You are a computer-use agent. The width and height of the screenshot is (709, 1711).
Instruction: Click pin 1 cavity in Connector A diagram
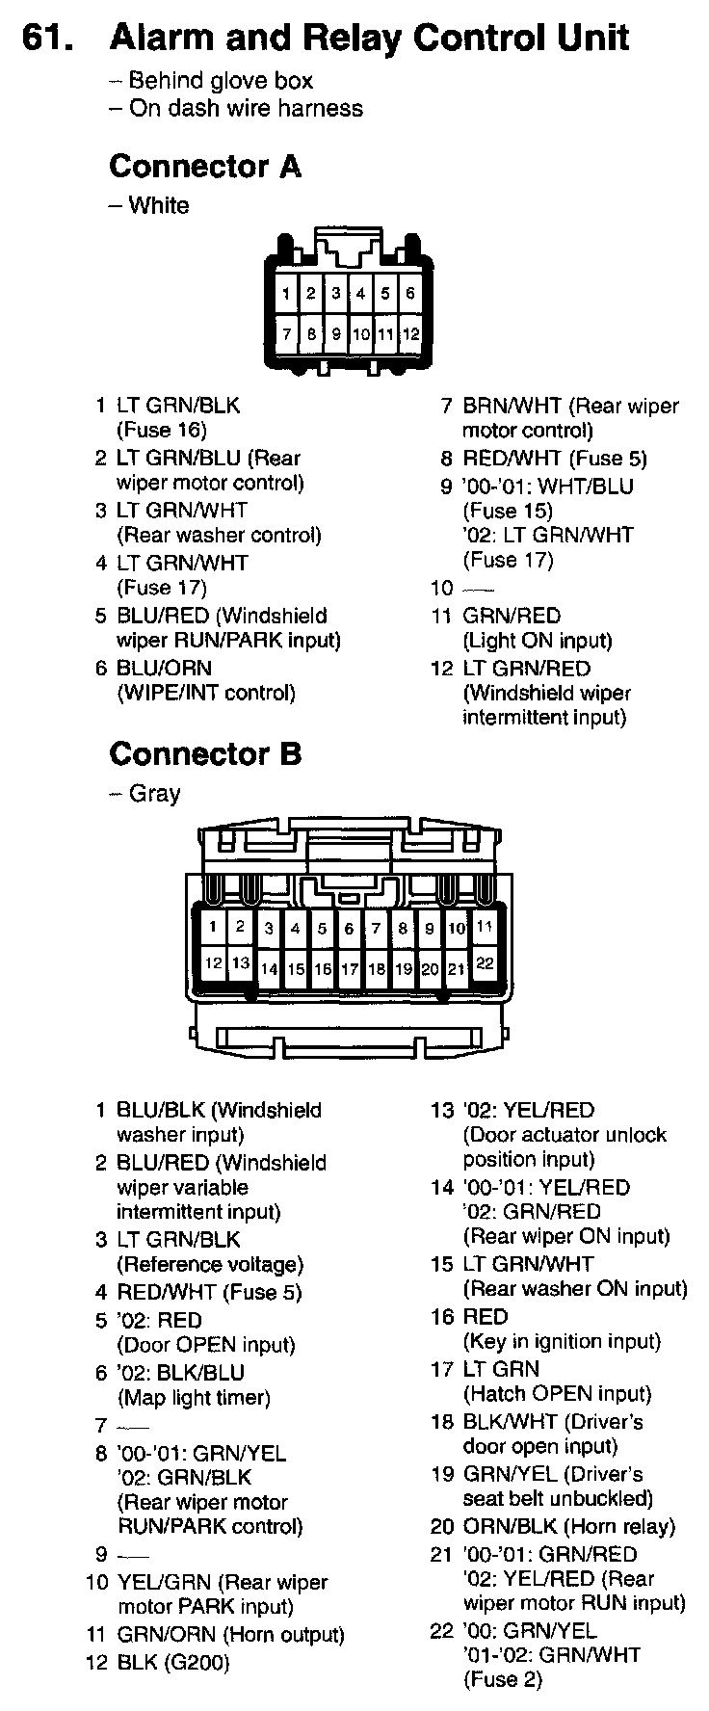pos(286,293)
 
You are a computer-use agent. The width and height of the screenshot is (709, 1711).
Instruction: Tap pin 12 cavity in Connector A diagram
pos(410,334)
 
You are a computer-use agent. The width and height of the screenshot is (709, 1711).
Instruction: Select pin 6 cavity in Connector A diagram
pos(410,293)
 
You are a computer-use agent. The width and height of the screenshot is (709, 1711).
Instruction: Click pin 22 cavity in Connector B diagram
pos(485,961)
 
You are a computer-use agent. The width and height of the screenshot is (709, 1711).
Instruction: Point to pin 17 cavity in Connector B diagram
pos(350,969)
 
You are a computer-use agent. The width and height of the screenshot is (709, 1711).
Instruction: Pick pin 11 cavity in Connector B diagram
pos(485,927)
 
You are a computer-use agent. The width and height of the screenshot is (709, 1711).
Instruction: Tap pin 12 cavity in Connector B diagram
pos(213,961)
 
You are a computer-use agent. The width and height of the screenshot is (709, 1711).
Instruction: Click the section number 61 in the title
pos(48,38)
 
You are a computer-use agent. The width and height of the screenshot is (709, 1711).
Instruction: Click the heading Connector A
pos(205,167)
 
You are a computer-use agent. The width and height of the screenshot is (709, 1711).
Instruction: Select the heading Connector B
pos(205,753)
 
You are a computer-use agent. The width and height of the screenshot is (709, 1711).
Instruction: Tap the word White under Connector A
pos(159,205)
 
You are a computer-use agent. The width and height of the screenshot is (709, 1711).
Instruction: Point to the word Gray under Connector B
pos(154,794)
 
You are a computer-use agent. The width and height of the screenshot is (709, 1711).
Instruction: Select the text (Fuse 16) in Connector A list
pos(162,431)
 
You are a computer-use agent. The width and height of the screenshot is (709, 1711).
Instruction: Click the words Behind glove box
pos(221,81)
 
